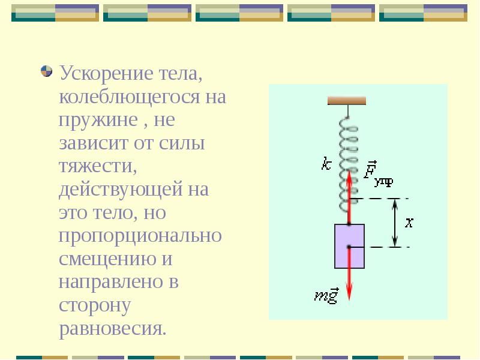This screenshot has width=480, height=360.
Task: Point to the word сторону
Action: coord(95,305)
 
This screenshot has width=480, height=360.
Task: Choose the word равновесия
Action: coord(112,328)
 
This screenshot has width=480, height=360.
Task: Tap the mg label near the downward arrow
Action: coord(327,295)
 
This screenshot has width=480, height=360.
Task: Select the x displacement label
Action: coord(410,223)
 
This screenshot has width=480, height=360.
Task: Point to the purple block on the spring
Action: coord(349,246)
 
